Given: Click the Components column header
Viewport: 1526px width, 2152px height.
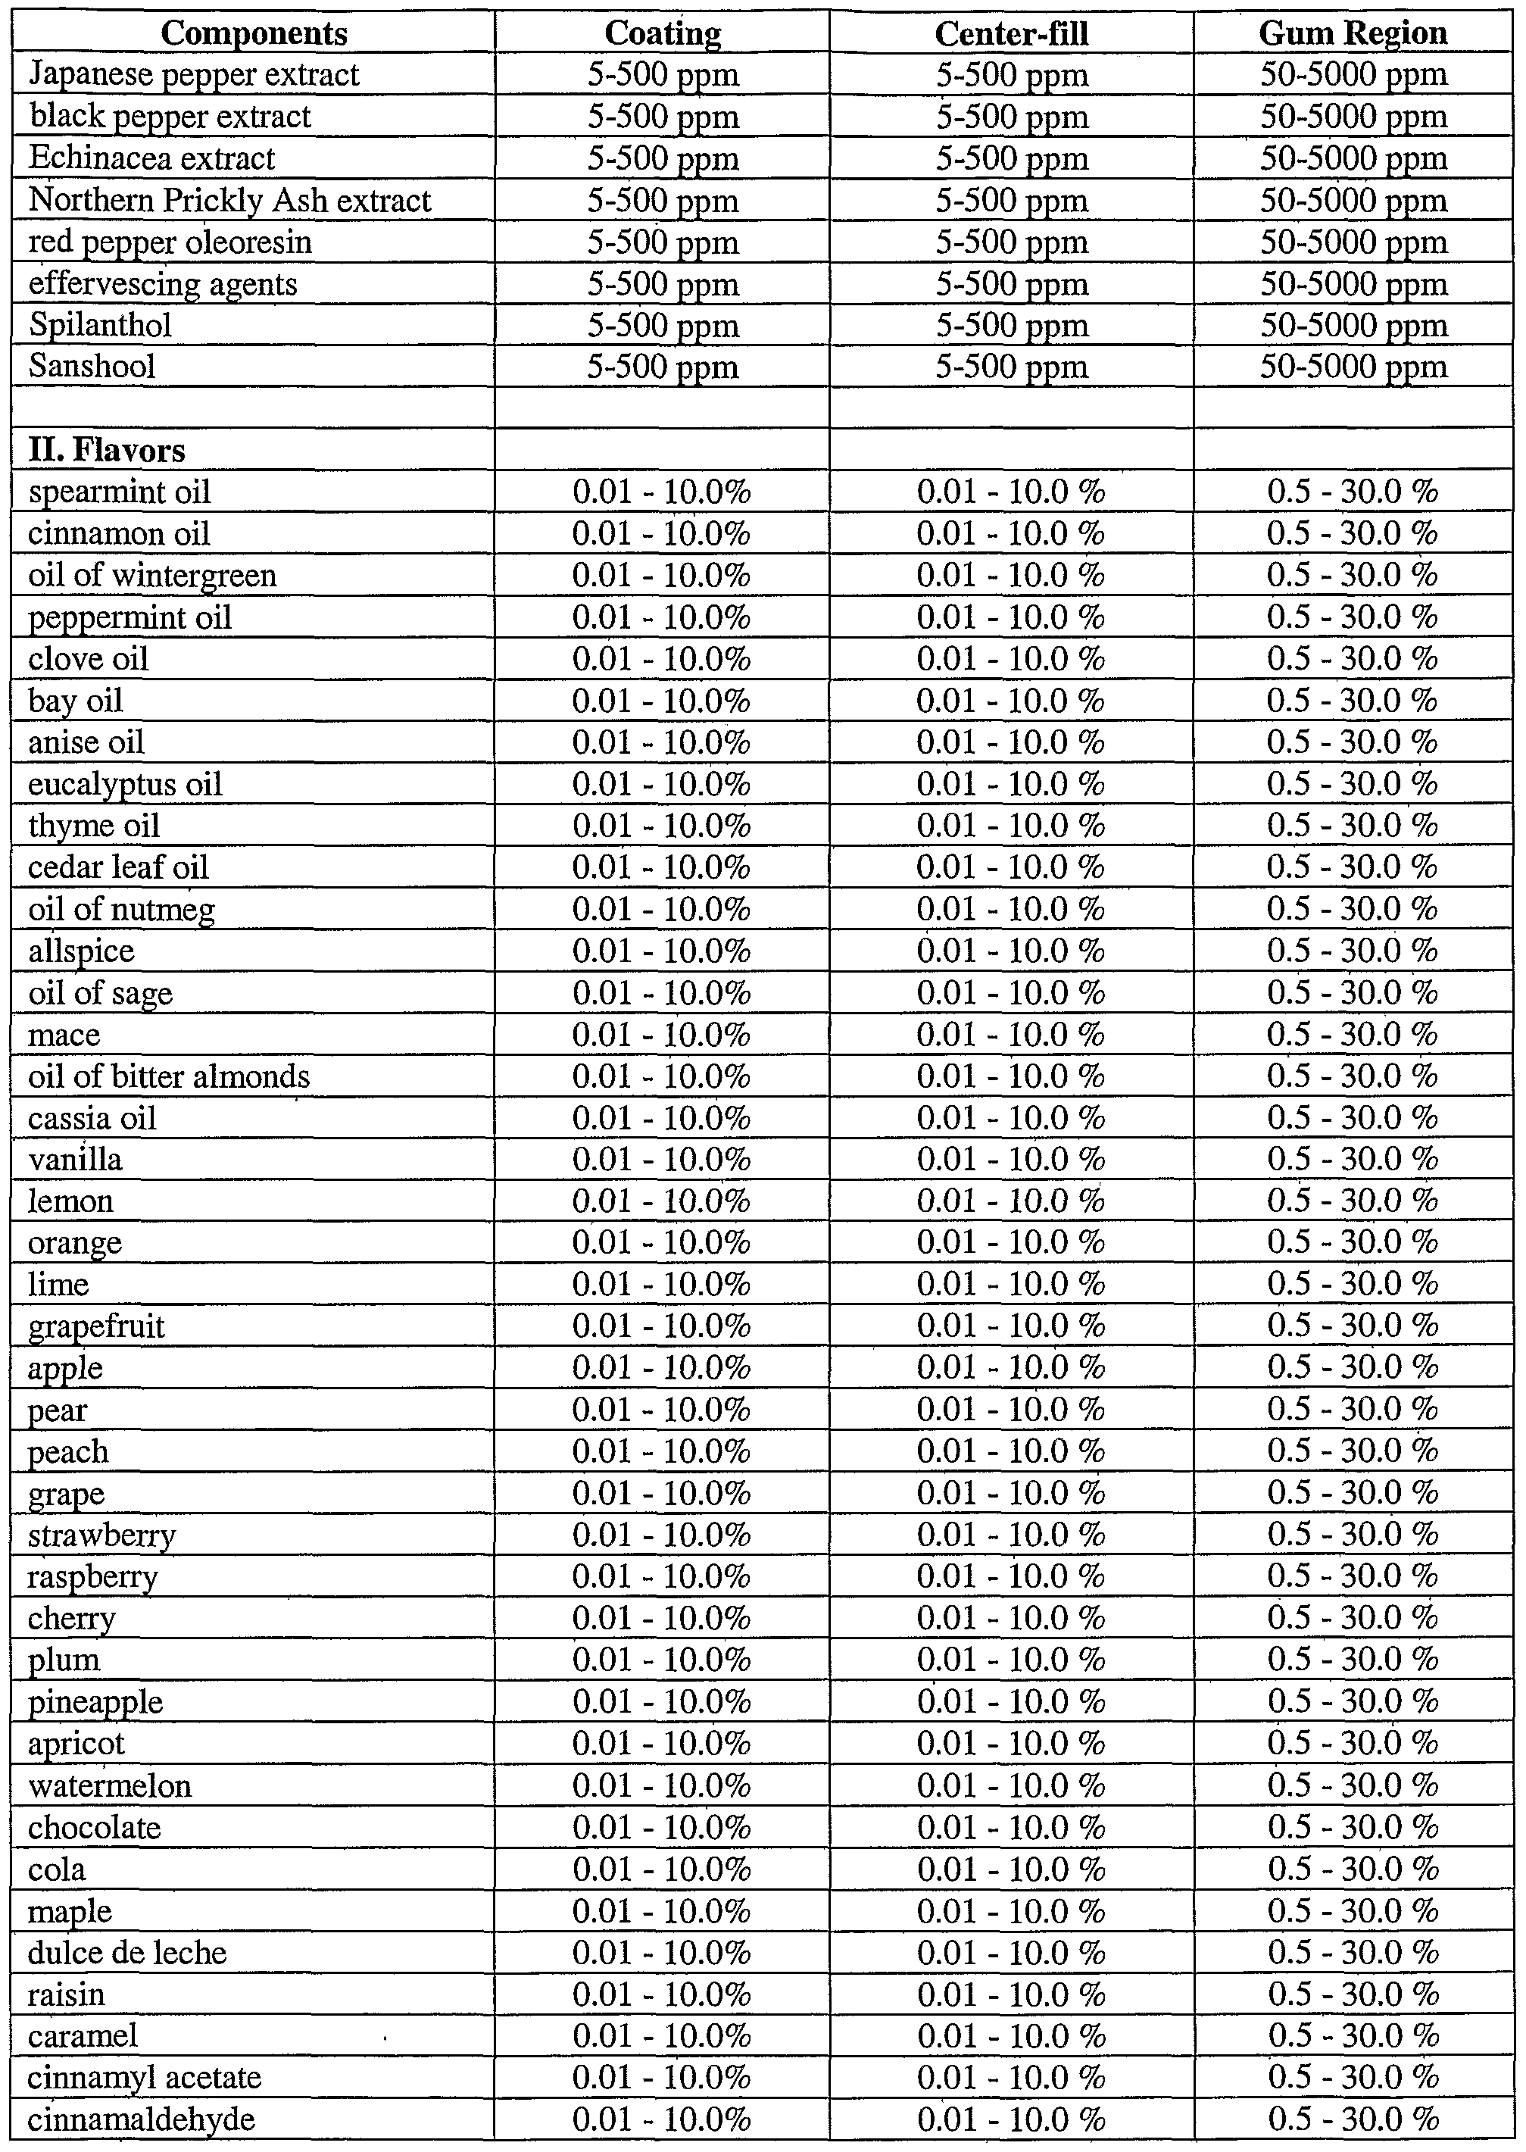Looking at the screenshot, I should [x=254, y=34].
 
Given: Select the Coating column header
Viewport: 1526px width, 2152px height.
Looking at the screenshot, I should [x=663, y=34].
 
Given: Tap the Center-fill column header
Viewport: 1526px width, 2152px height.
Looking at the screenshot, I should [x=1011, y=34].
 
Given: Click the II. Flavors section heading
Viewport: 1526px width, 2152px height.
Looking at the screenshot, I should [x=106, y=451].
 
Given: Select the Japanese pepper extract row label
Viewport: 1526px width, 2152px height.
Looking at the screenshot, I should [x=194, y=74].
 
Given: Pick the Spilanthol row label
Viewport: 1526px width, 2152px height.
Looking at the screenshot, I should [x=100, y=325].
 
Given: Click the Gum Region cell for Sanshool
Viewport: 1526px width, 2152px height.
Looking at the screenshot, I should [x=1353, y=367].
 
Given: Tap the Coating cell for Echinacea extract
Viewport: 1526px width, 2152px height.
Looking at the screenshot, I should [x=663, y=158].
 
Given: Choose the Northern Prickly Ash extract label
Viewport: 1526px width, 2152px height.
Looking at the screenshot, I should [x=229, y=200].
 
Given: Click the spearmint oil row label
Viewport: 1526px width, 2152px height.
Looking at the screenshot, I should [x=120, y=492].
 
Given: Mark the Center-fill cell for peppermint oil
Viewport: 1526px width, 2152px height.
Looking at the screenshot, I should [x=1011, y=617].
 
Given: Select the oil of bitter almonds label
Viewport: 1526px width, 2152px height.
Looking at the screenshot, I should [x=169, y=1076].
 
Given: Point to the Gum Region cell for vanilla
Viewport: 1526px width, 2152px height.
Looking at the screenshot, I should [x=1353, y=1160].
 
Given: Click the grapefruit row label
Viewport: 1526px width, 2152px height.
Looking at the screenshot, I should [x=96, y=1326].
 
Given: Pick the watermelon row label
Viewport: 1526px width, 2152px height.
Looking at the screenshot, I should [x=109, y=1785].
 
